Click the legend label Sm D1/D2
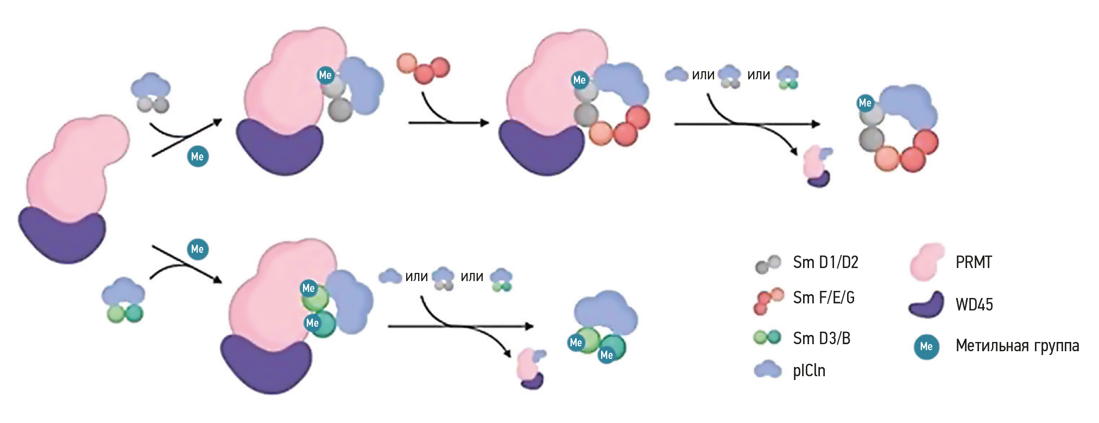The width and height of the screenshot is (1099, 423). pos(825,263)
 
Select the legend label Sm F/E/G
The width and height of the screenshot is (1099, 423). pos(824,298)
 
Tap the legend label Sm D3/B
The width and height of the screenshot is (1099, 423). pos(822,338)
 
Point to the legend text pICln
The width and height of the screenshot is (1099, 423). pos(809,371)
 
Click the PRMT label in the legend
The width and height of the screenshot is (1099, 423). pos(974,263)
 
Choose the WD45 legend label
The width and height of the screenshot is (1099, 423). pos(974,304)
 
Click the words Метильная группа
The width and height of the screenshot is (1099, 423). pos(1017,346)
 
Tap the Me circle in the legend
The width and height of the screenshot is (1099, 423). pos(926,347)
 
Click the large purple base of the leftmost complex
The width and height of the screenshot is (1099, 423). pos(61,236)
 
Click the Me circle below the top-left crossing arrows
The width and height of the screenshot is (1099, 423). pos(198,157)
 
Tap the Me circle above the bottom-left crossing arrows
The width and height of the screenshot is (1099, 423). pos(198,250)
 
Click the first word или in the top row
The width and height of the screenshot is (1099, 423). pos(703,75)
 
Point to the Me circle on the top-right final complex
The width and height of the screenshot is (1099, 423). pos(865,103)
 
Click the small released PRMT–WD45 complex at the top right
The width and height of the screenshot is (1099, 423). pos(818,167)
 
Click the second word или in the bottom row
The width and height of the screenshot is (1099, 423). pos(472,277)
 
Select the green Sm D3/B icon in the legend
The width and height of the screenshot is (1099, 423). pos(767,338)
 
